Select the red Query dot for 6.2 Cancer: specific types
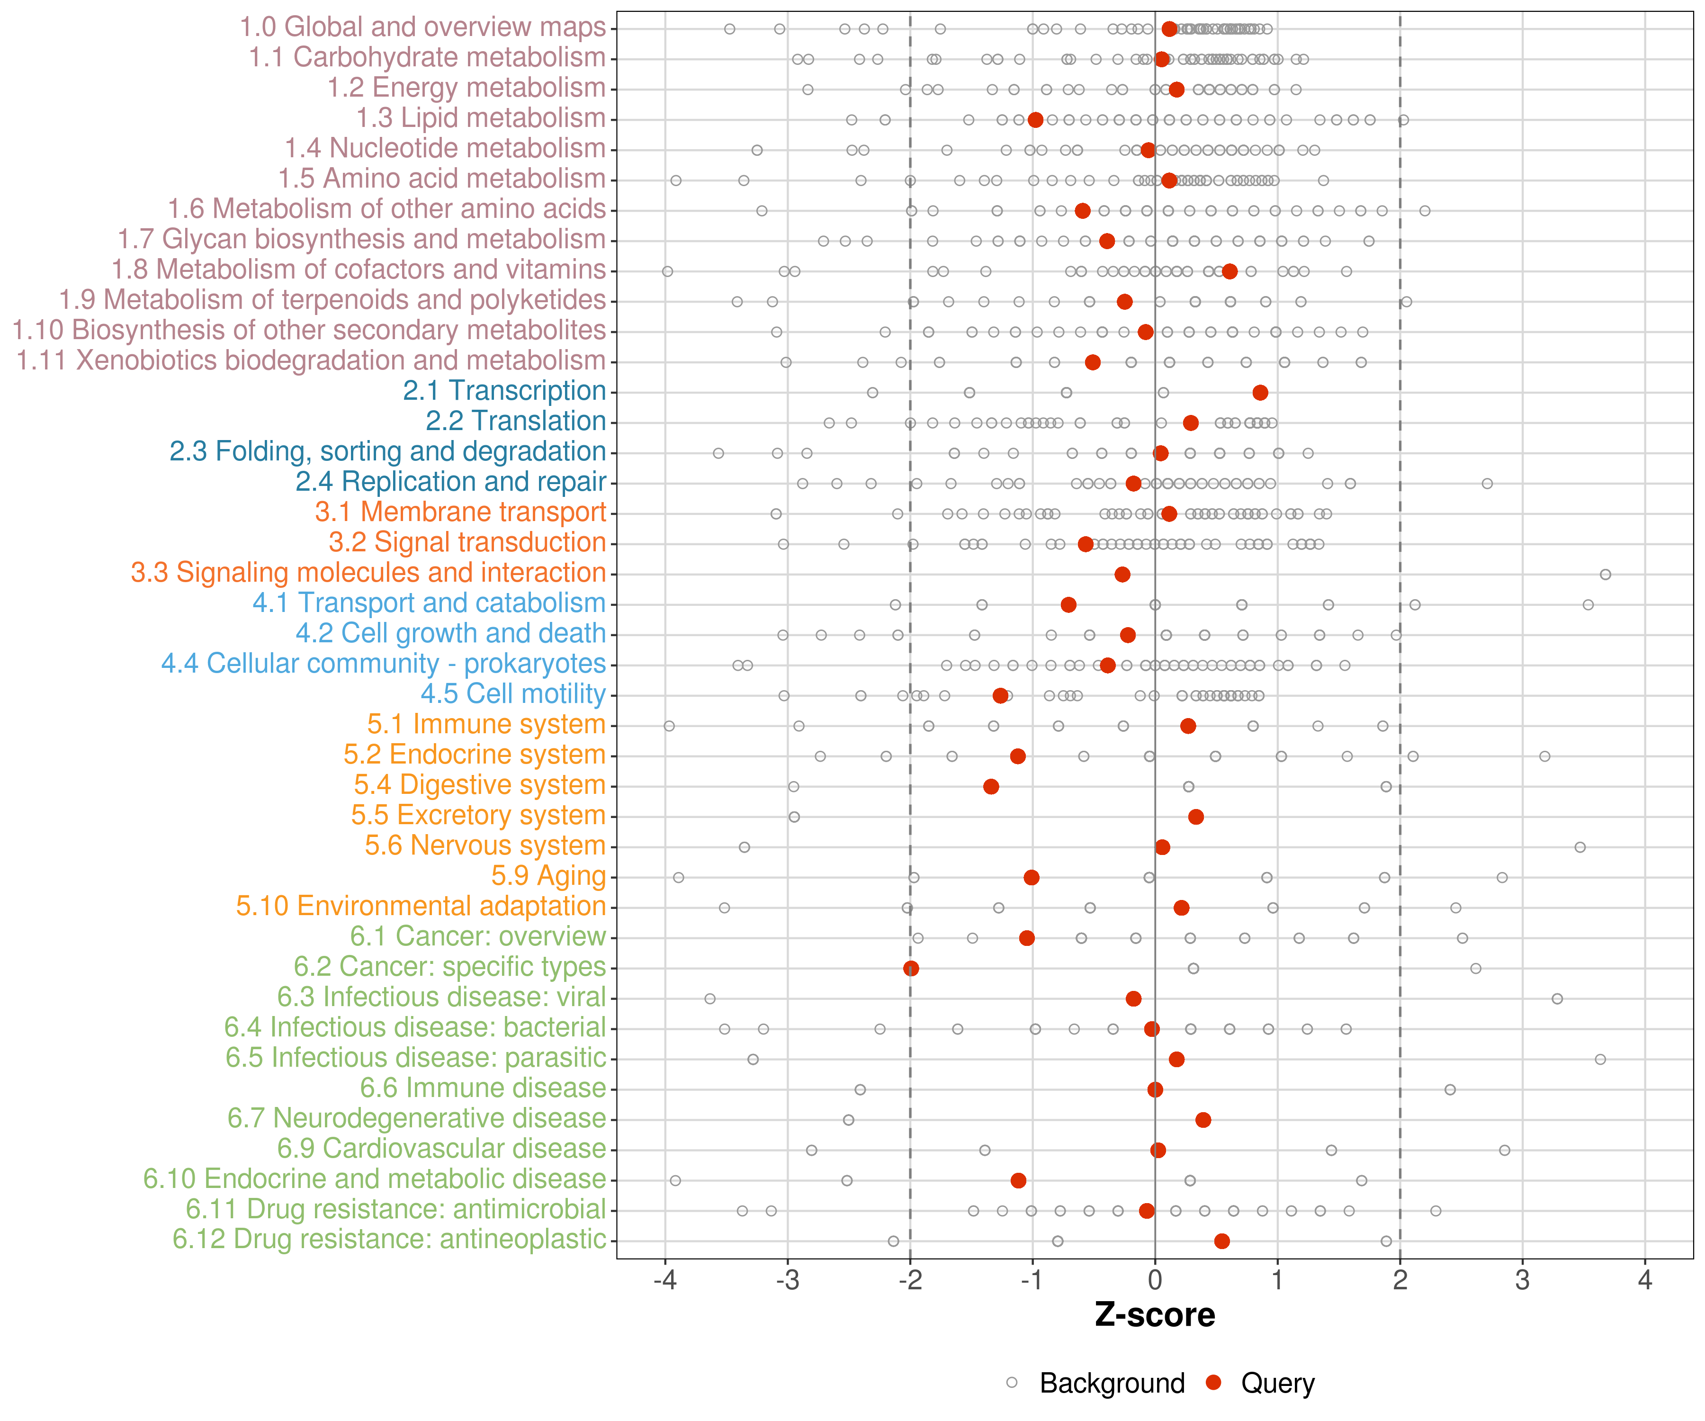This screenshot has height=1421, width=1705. (911, 968)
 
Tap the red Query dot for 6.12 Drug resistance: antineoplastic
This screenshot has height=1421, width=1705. (1222, 1241)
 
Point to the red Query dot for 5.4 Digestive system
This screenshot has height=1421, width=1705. (990, 786)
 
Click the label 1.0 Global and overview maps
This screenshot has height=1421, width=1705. (422, 27)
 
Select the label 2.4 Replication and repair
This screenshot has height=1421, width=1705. (450, 482)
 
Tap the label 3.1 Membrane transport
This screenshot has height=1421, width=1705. (460, 513)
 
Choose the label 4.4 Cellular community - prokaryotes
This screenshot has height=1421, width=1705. (383, 664)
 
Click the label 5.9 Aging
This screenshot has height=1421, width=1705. (548, 876)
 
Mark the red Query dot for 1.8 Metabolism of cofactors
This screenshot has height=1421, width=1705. (1229, 271)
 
